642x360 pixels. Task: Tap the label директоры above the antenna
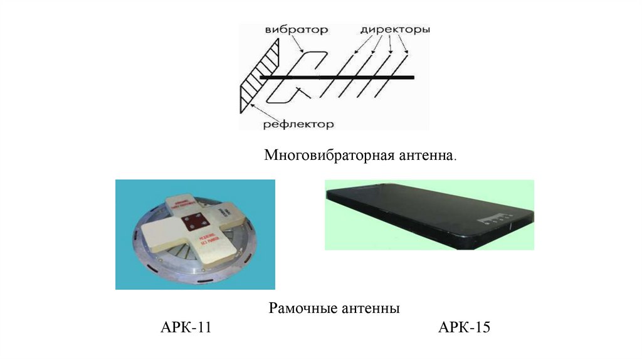[394, 29]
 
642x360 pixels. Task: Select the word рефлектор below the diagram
[298, 124]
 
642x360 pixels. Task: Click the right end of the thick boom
[412, 77]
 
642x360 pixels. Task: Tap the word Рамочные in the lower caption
[303, 309]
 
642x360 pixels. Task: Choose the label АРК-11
[186, 328]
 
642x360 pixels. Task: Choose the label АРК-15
[465, 328]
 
